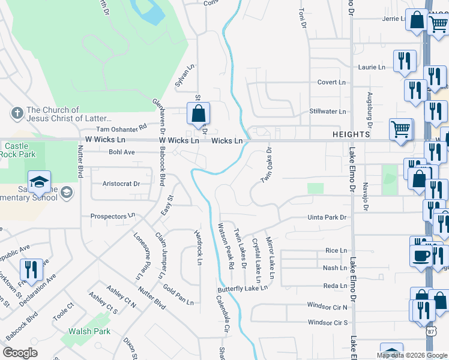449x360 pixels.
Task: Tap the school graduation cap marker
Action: pos(40,182)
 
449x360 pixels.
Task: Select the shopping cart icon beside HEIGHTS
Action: pos(400,129)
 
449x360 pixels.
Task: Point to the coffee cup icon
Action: pos(421,255)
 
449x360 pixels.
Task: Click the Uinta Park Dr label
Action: pos(328,217)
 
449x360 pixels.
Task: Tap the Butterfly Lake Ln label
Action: pos(243,289)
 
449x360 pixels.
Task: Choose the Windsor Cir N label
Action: pos(328,307)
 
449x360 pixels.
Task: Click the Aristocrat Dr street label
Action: pos(121,184)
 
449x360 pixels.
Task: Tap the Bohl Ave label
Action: pos(122,152)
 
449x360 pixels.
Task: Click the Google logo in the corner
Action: pos(20,353)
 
